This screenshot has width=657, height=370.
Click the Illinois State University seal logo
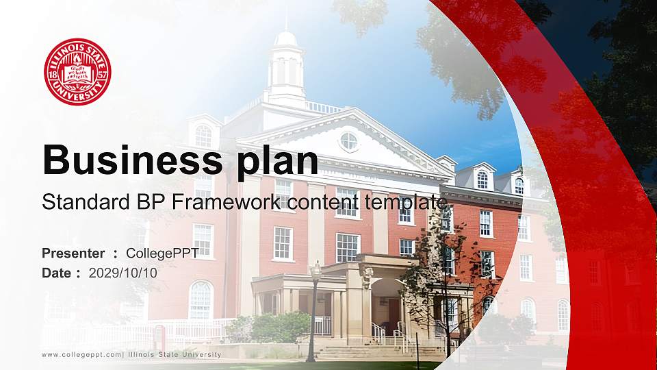77,72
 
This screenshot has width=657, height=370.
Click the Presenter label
73,254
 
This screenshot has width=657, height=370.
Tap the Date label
57,273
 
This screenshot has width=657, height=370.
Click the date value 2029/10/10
123,273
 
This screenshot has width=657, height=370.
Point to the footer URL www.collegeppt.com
81,354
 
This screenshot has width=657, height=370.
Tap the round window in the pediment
348,141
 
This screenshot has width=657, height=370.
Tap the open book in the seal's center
77,71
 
